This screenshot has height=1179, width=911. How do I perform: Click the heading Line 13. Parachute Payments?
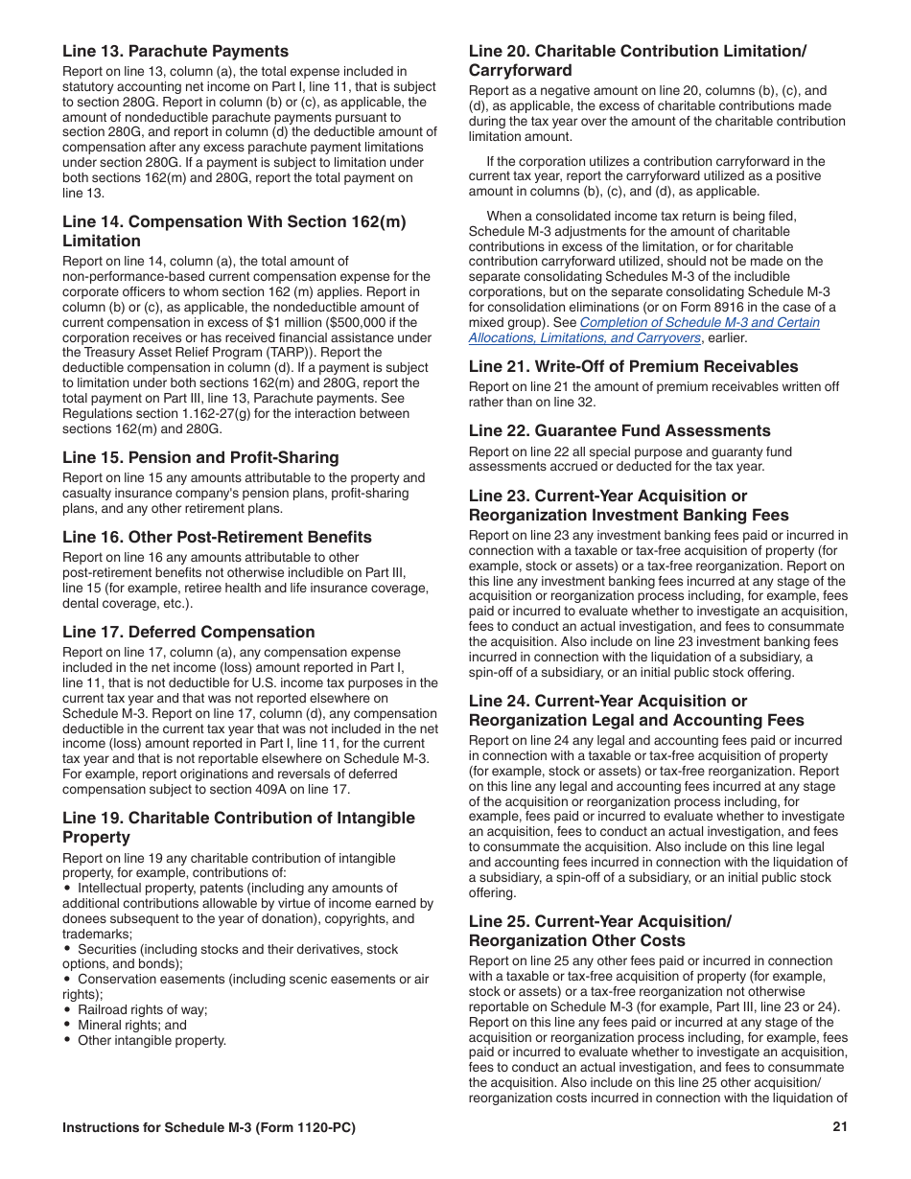click(175, 51)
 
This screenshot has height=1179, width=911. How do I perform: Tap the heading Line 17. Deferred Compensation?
click(188, 632)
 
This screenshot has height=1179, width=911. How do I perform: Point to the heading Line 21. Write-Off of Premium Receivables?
click(633, 366)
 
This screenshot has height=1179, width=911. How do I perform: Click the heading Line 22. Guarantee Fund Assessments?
click(619, 430)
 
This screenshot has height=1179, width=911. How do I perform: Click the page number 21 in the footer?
click(840, 1127)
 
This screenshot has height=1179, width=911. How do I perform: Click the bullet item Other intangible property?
click(152, 1040)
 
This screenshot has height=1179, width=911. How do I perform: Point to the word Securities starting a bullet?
click(106, 949)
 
